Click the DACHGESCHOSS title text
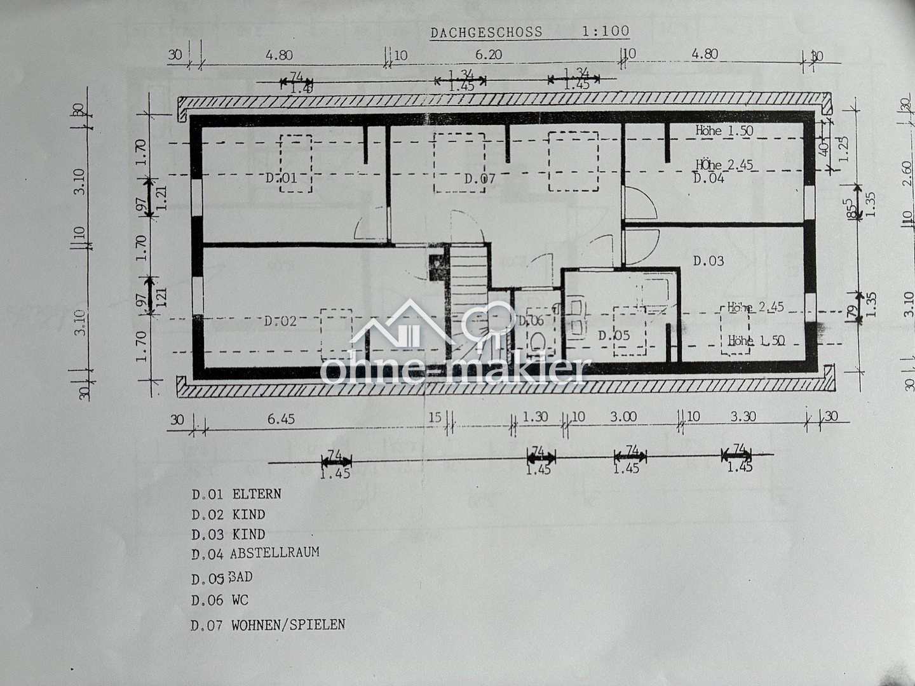click(x=486, y=32)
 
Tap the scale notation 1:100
click(x=605, y=31)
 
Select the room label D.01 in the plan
click(x=281, y=178)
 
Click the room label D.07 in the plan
click(x=479, y=179)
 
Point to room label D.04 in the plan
click(x=708, y=178)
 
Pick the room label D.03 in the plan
click(x=708, y=261)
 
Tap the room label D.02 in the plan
click(x=280, y=321)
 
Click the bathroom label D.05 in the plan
click(x=614, y=335)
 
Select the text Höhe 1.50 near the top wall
click(x=724, y=131)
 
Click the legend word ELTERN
click(x=257, y=494)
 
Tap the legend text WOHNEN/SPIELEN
click(x=288, y=625)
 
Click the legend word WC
click(x=240, y=600)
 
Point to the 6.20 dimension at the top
click(x=488, y=55)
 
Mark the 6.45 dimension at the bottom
click(x=281, y=419)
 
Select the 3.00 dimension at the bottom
click(x=623, y=417)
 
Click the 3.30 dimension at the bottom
click(x=743, y=417)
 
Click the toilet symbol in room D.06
click(x=538, y=343)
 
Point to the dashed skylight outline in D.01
click(x=296, y=163)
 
